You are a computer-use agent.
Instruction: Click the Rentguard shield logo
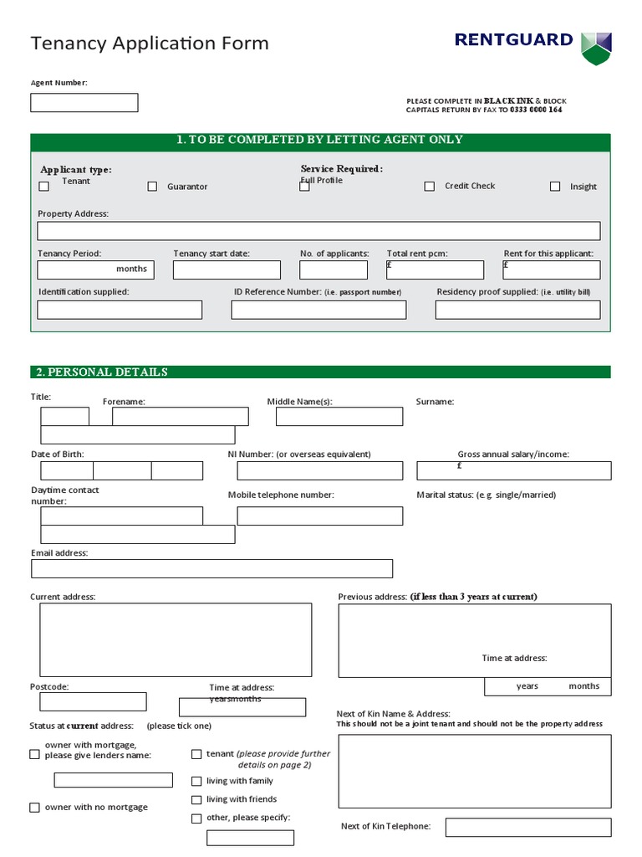pyautogui.click(x=596, y=49)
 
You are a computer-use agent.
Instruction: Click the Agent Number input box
pyautogui.click(x=84, y=103)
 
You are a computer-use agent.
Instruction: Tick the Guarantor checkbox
pyautogui.click(x=152, y=187)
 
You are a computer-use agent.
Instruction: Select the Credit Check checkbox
pyautogui.click(x=429, y=187)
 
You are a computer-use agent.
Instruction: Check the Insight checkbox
pyautogui.click(x=555, y=187)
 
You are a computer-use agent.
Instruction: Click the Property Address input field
pyautogui.click(x=318, y=231)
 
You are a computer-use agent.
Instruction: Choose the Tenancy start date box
pyautogui.click(x=227, y=269)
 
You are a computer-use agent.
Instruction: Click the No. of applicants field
pyautogui.click(x=334, y=269)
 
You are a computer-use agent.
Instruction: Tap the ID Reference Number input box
pyautogui.click(x=318, y=310)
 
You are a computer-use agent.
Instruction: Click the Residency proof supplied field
pyautogui.click(x=517, y=310)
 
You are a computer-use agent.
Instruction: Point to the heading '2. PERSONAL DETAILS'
pyautogui.click(x=101, y=372)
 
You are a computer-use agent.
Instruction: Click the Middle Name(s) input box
pyautogui.click(x=339, y=417)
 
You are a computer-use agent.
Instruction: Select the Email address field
pyautogui.click(x=211, y=569)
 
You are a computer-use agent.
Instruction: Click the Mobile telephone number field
pyautogui.click(x=319, y=516)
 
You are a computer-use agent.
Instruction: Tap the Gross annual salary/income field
pyautogui.click(x=513, y=470)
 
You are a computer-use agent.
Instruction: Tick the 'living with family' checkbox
pyautogui.click(x=196, y=782)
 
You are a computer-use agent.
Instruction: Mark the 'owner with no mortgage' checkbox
pyautogui.click(x=34, y=808)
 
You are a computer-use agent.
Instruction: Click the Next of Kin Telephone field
pyautogui.click(x=527, y=828)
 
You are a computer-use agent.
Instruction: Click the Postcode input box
pyautogui.click(x=88, y=701)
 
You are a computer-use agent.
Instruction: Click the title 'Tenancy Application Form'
pyautogui.click(x=150, y=44)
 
